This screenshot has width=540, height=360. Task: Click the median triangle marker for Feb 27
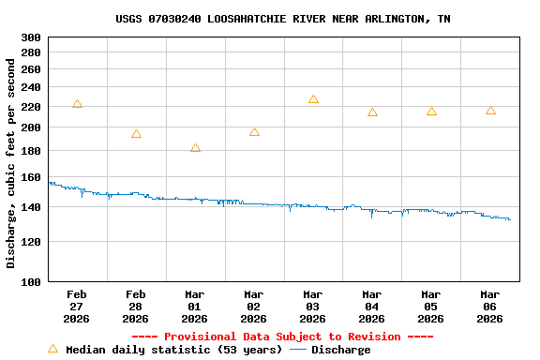tap(77, 104)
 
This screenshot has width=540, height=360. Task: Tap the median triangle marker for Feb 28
tap(136, 134)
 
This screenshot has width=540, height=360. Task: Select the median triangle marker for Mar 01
tap(195, 148)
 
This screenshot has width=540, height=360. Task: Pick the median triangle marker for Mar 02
tap(254, 132)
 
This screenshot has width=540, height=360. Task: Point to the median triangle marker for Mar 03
tap(313, 99)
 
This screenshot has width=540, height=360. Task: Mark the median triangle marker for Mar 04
tap(372, 112)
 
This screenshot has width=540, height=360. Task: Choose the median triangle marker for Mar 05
tap(431, 112)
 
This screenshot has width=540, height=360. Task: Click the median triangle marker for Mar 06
tap(490, 111)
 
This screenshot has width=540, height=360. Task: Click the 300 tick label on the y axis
tap(31, 37)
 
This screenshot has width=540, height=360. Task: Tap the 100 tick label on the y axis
tap(31, 281)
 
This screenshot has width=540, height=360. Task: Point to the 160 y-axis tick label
tap(31, 177)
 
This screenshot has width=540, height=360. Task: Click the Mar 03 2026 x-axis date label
tap(313, 307)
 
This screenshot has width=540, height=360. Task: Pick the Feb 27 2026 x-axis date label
tap(77, 307)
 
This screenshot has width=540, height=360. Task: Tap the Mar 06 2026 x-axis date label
tap(490, 307)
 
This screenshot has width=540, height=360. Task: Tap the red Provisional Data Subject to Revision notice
tap(282, 337)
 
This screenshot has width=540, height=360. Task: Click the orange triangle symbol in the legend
tap(52, 349)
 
